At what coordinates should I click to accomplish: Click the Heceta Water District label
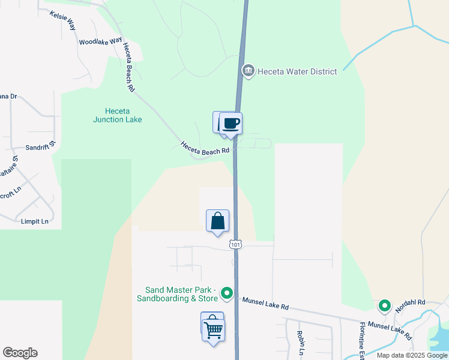coord(297,71)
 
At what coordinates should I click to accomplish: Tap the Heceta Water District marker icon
coord(248,71)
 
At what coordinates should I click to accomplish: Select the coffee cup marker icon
coord(231,124)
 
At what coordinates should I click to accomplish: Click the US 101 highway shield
coord(236,244)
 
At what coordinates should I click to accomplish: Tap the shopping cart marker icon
coord(213,329)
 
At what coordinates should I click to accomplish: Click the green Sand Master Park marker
coord(227,293)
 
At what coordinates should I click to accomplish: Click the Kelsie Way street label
coord(63,20)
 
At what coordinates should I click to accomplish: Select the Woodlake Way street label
coord(96,42)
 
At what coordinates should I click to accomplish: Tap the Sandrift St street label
coord(40,146)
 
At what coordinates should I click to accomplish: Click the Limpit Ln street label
coord(35,221)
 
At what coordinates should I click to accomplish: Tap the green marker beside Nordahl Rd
coord(384,306)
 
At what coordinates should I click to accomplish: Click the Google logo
coord(20,353)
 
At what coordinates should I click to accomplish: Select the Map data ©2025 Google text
coord(411,355)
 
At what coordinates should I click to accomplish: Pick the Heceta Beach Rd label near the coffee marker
coord(205,148)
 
